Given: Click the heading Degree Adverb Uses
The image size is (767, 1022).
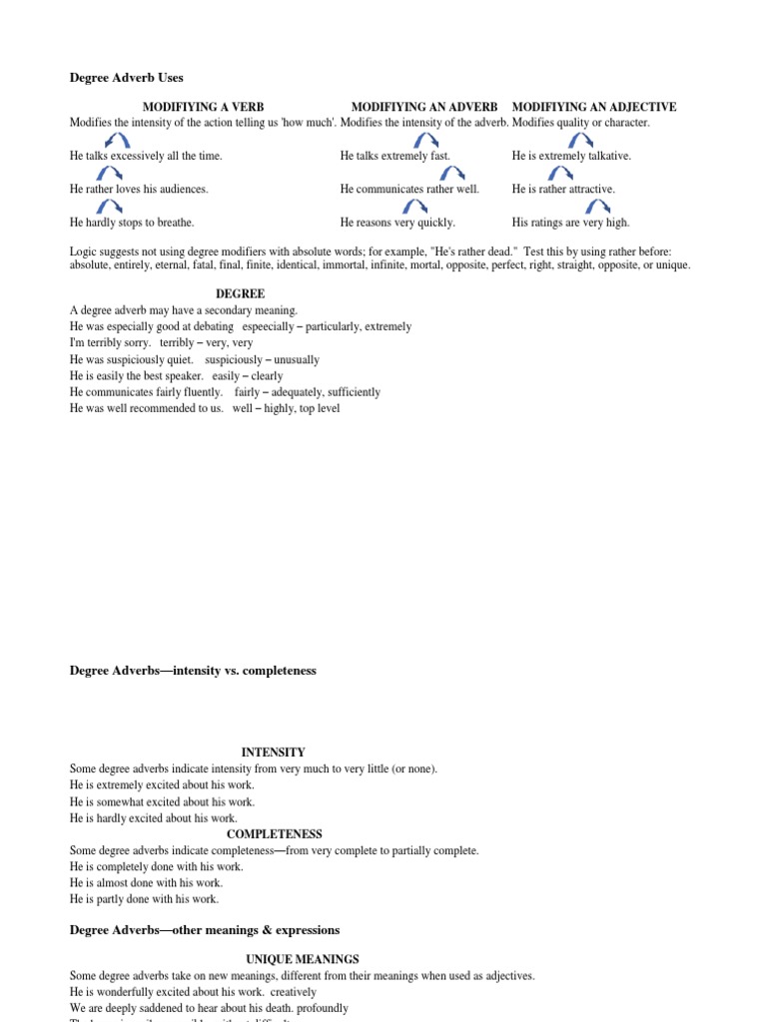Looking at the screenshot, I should [x=126, y=78].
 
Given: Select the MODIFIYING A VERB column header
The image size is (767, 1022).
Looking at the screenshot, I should [x=203, y=107].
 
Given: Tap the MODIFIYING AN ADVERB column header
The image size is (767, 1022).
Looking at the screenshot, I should [x=424, y=107].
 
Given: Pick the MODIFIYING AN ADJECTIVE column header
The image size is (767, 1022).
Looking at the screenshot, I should [x=594, y=107].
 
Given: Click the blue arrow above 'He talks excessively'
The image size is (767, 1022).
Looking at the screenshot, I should [x=116, y=140].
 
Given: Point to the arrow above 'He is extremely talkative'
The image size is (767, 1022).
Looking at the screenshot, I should [x=581, y=140].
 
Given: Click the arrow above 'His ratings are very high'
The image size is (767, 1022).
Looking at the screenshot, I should [x=598, y=207].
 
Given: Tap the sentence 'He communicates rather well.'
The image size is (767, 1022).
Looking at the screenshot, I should [x=409, y=190].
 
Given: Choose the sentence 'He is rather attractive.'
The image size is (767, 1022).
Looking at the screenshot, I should [x=563, y=190].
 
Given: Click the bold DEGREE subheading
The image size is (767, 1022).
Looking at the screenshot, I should [x=241, y=294].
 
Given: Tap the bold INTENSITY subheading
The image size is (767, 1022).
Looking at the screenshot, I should [x=273, y=753].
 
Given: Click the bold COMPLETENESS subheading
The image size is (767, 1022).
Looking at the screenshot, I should [x=274, y=834].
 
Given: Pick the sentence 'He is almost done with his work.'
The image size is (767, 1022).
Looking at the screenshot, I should [x=146, y=883].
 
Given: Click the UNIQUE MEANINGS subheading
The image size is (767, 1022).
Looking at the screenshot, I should [x=303, y=959].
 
